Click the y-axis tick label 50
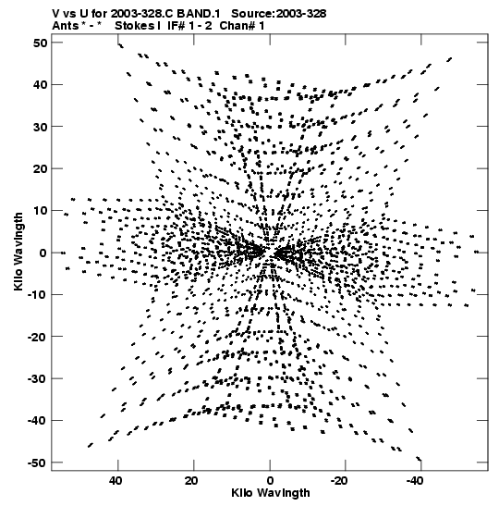pos(40,43)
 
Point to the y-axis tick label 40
pos(40,85)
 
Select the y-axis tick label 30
pos(40,127)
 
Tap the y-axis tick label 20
pos(40,168)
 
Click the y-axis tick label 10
pos(40,211)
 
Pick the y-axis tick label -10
pos(37,295)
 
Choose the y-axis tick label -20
pos(37,337)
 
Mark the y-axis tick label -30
pos(37,378)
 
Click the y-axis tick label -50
pos(37,463)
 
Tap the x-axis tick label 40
pos(116,481)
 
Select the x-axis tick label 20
pos(191,481)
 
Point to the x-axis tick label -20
pos(339,481)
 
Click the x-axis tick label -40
pos(415,481)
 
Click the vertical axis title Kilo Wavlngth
pos(18,252)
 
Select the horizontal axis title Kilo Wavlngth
pos(271,493)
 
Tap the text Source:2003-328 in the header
pos(279,14)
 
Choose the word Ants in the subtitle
pos(66,26)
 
